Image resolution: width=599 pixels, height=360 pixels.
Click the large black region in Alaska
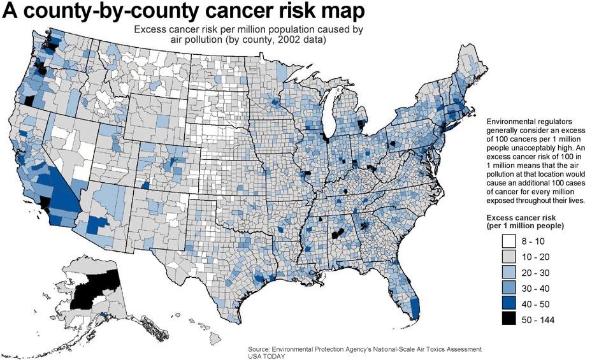pyautogui.click(x=96, y=290)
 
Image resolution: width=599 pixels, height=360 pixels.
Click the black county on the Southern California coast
pyautogui.click(x=45, y=203)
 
